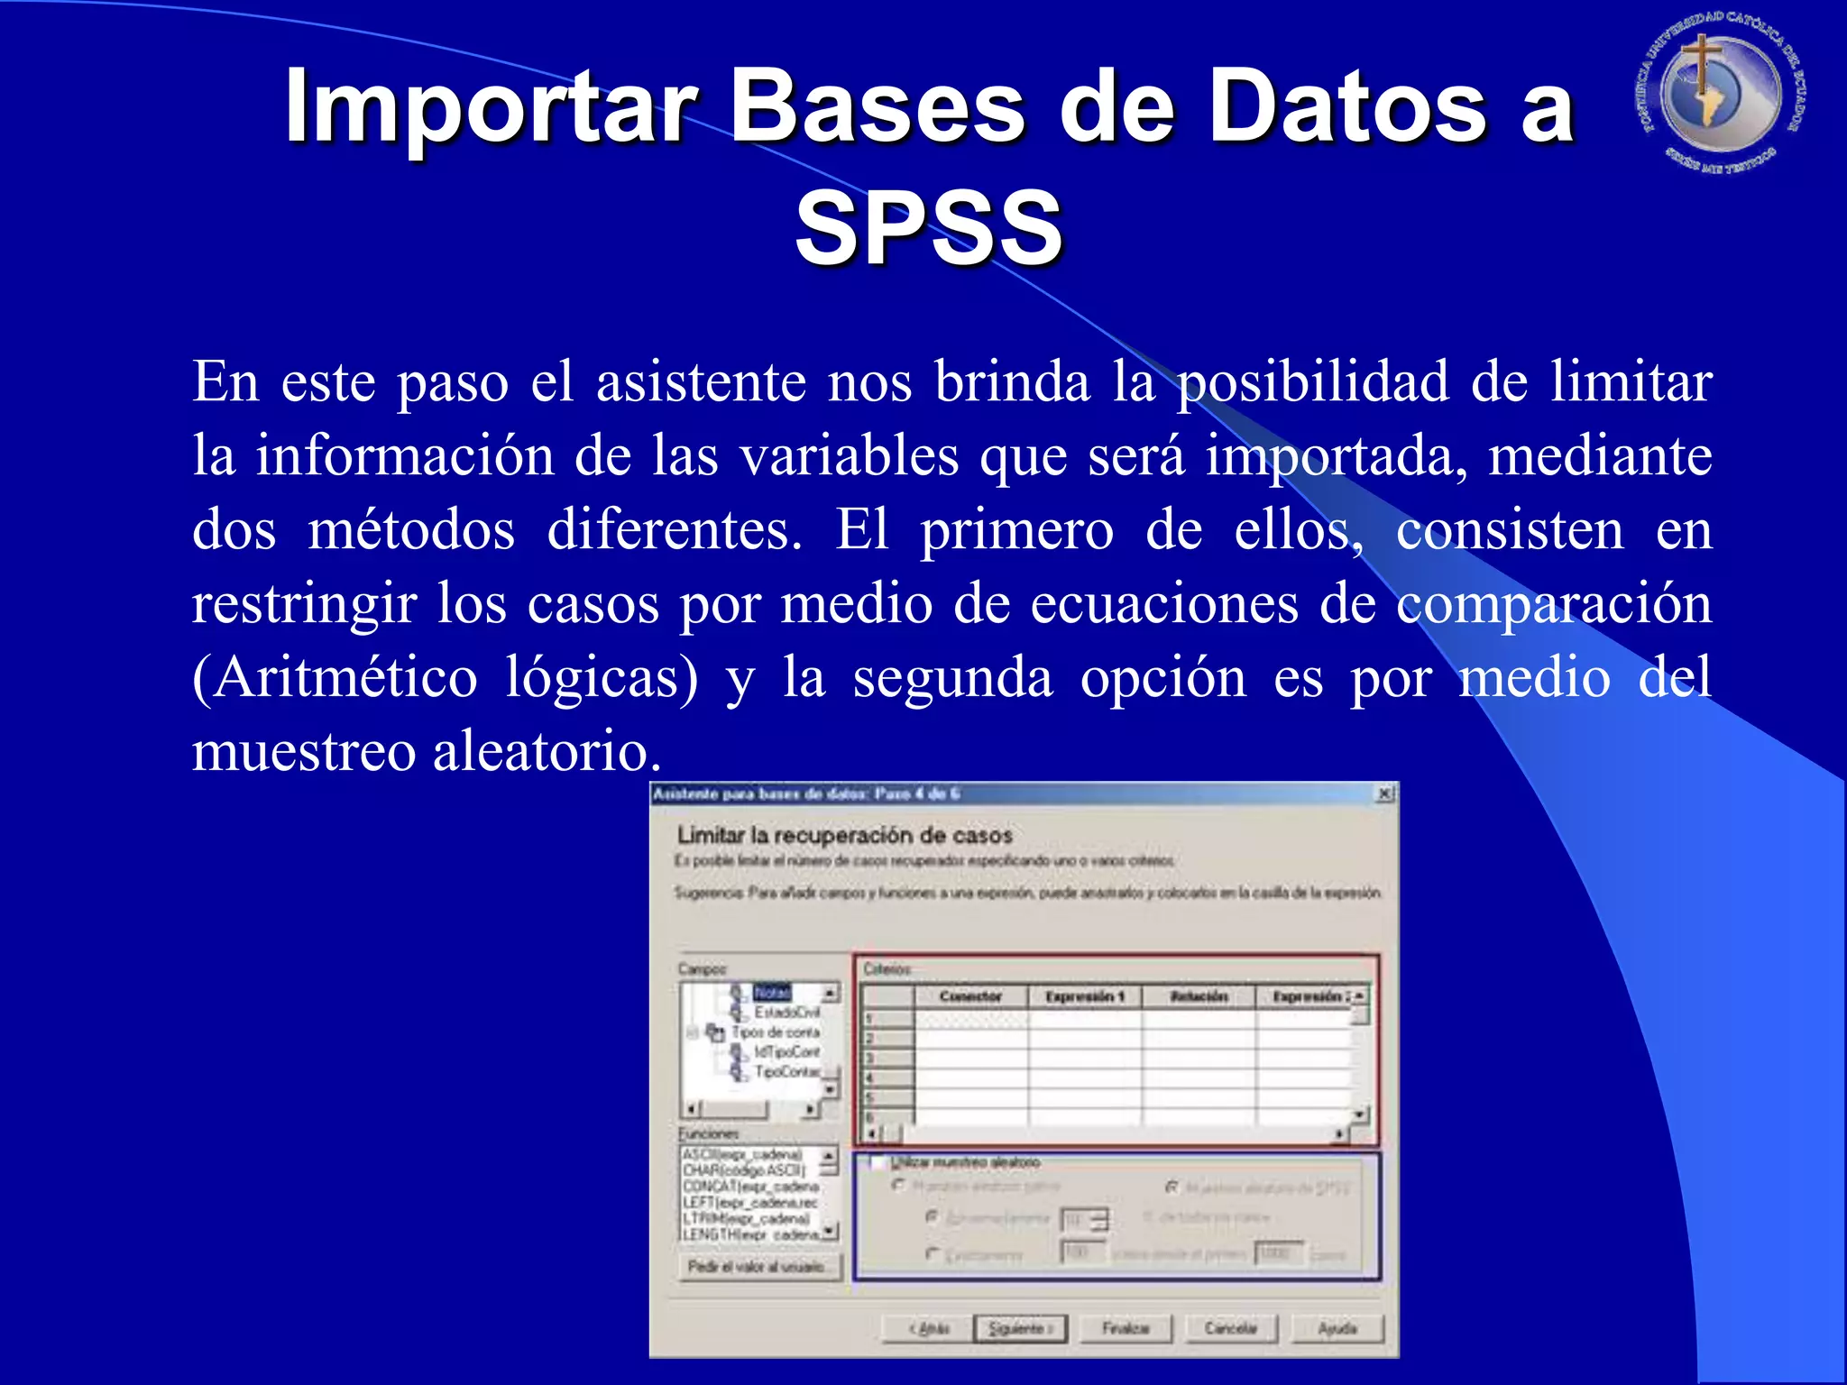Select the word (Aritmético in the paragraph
pyautogui.click(x=335, y=678)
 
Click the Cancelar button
pyautogui.click(x=1231, y=1328)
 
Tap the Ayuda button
pyautogui.click(x=1337, y=1328)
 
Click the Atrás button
pyautogui.click(x=929, y=1328)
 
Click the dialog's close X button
pyautogui.click(x=1384, y=794)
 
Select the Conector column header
pyautogui.click(x=970, y=996)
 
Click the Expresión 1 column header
pyautogui.click(x=1084, y=996)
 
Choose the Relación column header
pyautogui.click(x=1199, y=996)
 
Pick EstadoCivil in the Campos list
pyautogui.click(x=786, y=1013)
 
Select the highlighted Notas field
pyautogui.click(x=772, y=993)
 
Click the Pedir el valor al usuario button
pyautogui.click(x=758, y=1267)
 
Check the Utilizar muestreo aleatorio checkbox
pyautogui.click(x=876, y=1163)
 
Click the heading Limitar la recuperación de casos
pyautogui.click(x=844, y=836)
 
